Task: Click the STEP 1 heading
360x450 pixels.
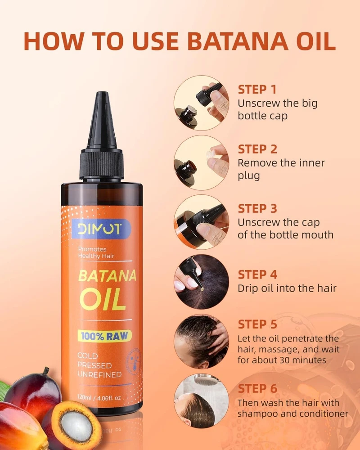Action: pos(257,90)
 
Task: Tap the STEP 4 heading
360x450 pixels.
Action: pos(257,274)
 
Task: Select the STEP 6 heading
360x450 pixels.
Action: pos(257,389)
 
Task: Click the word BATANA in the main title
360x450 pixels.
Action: pos(238,41)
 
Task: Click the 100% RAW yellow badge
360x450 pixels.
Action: pos(104,336)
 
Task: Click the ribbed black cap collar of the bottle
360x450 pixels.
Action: pos(102,164)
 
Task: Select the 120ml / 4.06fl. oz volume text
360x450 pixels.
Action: pos(99,398)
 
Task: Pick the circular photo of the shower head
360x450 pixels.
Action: pos(201,401)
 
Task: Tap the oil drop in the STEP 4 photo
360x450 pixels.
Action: pos(203,289)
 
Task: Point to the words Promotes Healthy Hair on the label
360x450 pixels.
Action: pos(96,252)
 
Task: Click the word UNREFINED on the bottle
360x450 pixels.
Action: pos(99,375)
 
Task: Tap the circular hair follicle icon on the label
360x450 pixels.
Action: pos(134,361)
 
